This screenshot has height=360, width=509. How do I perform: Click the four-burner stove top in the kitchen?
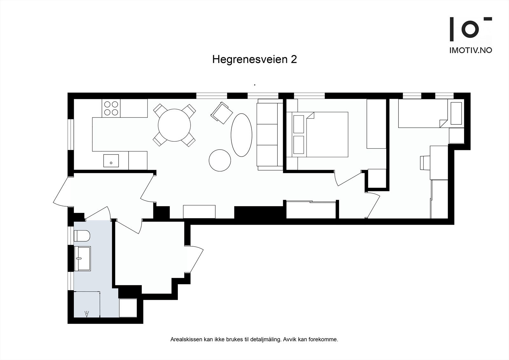point(111,108)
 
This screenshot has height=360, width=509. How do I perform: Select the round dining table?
point(174,125)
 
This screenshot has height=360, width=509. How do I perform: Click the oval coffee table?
point(241,135)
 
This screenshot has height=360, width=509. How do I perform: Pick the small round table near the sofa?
point(220,160)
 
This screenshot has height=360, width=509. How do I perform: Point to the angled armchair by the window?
point(222,112)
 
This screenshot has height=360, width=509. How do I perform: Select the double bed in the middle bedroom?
point(321,134)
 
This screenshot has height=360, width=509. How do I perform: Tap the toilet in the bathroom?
point(82,236)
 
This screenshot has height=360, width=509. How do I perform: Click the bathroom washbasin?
point(82,258)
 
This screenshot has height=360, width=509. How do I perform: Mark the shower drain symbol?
point(87,314)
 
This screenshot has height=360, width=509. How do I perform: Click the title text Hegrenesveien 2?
point(254,60)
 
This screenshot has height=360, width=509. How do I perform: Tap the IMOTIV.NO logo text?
point(471,50)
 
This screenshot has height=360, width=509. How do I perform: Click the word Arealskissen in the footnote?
point(186,340)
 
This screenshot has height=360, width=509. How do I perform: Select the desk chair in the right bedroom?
point(425,163)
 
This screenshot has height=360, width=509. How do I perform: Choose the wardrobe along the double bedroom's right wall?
point(376,124)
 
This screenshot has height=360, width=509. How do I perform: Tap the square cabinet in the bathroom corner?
point(128,308)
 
